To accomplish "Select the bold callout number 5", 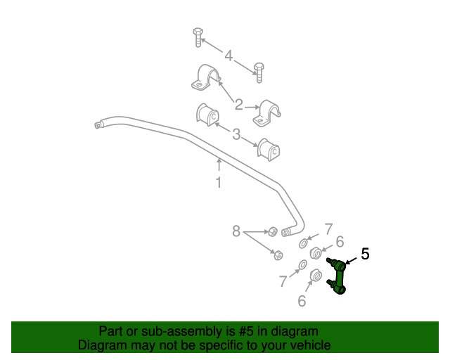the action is [x=365, y=254].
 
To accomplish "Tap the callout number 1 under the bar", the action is [x=219, y=183].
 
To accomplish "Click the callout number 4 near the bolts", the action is [x=229, y=56].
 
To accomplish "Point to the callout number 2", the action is [x=239, y=105].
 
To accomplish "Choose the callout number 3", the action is [x=236, y=134].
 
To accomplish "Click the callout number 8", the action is [x=236, y=231].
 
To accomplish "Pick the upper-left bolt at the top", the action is [x=198, y=37].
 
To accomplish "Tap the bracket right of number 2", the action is [x=266, y=113].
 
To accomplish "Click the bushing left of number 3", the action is [x=207, y=115].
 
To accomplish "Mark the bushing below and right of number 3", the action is [x=269, y=150].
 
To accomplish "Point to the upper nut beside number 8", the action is [x=273, y=231].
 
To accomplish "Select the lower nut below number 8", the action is [x=278, y=255].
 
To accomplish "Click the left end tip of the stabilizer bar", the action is [x=96, y=125].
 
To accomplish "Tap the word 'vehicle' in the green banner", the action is [x=312, y=345].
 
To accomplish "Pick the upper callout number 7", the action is [x=328, y=229].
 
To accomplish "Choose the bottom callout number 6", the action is [x=302, y=301].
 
